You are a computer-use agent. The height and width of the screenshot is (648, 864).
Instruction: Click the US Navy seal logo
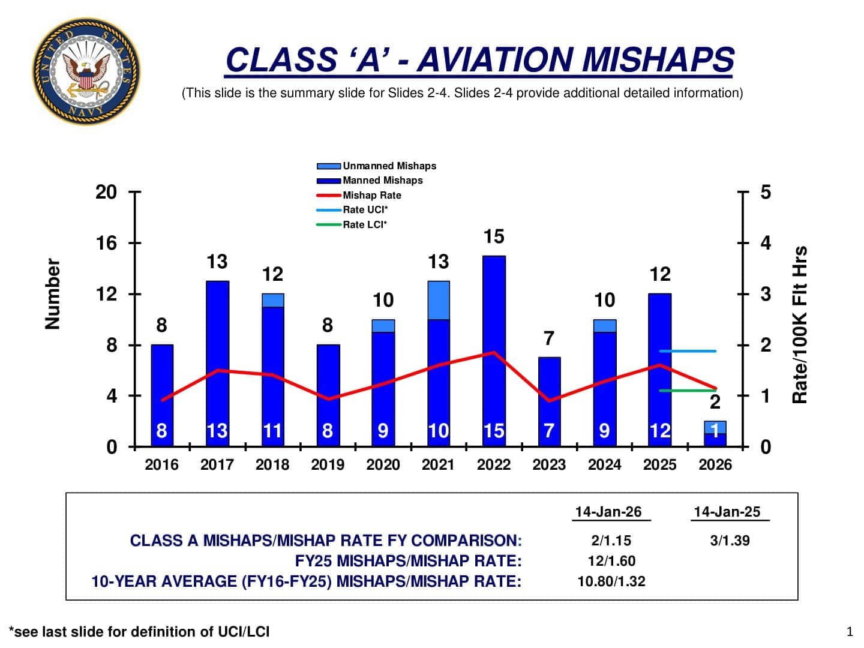point(86,71)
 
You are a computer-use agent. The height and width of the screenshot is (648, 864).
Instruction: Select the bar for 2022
point(494,351)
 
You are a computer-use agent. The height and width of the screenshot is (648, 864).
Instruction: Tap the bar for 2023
point(549,402)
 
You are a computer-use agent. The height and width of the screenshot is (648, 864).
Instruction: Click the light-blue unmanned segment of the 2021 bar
point(439,300)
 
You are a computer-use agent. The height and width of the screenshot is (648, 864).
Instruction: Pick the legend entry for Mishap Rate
point(371,195)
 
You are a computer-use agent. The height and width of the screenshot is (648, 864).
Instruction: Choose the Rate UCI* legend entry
point(365,210)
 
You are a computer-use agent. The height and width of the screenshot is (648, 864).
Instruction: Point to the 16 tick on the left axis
point(106,243)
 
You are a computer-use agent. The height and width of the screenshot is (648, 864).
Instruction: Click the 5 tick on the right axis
point(765,192)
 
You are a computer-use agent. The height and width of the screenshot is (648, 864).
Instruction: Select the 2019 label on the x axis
point(328,464)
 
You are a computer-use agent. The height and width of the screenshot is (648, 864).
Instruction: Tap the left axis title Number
point(53,294)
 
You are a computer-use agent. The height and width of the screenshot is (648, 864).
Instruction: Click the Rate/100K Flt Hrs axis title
point(800,325)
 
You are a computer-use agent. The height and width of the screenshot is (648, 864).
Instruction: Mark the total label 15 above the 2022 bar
point(494,236)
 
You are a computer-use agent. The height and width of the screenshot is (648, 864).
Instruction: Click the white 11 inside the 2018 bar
point(272,431)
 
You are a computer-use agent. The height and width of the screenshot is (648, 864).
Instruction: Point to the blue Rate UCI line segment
point(688,351)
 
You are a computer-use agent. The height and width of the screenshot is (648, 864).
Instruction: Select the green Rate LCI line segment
point(688,391)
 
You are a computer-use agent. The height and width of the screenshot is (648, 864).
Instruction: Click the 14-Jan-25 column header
point(727,512)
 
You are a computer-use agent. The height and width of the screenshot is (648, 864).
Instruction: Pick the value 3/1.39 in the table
point(730,541)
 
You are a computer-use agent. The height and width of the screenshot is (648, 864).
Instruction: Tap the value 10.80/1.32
point(611,581)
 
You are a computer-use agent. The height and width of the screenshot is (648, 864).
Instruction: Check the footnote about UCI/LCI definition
point(139,632)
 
